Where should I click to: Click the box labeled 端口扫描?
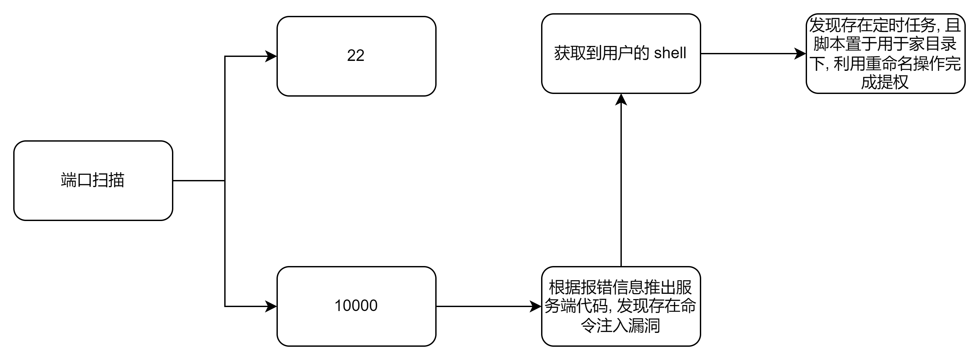click(93, 181)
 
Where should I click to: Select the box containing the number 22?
click(356, 56)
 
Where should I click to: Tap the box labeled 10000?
click(356, 306)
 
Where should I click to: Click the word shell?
click(670, 53)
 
